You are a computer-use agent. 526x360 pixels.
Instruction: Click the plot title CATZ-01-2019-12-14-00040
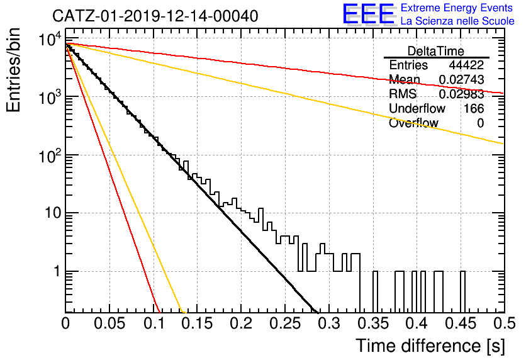pos(155,16)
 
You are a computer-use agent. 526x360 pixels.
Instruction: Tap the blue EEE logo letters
pos(369,14)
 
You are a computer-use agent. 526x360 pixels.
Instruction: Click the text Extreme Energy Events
pos(457,8)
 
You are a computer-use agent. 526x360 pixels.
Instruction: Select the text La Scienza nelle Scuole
pos(457,21)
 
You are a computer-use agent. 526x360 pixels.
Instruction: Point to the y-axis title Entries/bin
pos(13,70)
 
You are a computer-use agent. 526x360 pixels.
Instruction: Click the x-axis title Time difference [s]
pos(430,346)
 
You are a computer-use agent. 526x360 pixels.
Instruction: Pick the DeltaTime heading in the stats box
pos(436,51)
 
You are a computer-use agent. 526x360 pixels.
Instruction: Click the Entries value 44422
pos(466,65)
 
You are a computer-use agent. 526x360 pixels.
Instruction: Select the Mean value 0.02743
pos(462,79)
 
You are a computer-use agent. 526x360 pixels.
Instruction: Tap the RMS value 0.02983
pos(462,94)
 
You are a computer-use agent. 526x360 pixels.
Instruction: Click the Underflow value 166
pos(474,109)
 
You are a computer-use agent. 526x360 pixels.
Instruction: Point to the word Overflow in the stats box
pos(413,123)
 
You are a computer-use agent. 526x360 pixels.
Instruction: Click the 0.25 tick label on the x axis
pos(286,323)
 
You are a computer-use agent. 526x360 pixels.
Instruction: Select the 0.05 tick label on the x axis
pos(109,323)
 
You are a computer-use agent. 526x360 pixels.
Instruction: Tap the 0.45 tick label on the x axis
pos(461,323)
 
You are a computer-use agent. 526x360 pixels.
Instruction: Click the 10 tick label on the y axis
pos(53,213)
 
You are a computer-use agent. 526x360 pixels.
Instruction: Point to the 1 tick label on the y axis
pos(57,271)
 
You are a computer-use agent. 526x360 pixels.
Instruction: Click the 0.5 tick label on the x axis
pos(504,323)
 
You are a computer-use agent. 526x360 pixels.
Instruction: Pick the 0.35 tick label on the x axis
pos(373,323)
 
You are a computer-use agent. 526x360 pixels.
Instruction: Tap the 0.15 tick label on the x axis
pos(198,323)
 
